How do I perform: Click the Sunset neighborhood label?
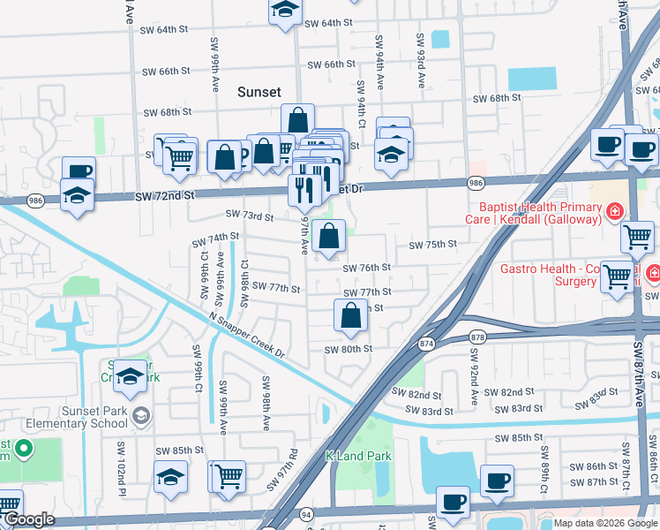[259, 92]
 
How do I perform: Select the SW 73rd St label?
[250, 216]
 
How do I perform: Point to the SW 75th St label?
[432, 245]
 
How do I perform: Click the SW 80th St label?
[348, 349]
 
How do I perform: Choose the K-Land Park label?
[357, 457]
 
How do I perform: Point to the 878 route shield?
[478, 336]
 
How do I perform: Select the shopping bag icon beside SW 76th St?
[328, 237]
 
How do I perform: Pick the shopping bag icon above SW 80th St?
[351, 315]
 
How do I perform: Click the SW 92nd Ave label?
[474, 376]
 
